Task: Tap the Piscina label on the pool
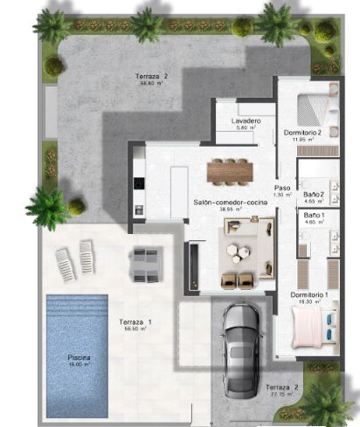point(79,358)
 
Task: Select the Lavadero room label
point(246,121)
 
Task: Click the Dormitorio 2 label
point(303,132)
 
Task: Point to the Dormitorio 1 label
point(309,294)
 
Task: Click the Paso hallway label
point(282,188)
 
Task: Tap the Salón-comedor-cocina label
point(230,202)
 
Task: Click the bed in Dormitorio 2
point(313,109)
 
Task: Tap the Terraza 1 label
point(135,322)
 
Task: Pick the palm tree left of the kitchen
point(48,208)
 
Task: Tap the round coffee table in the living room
point(235,252)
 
